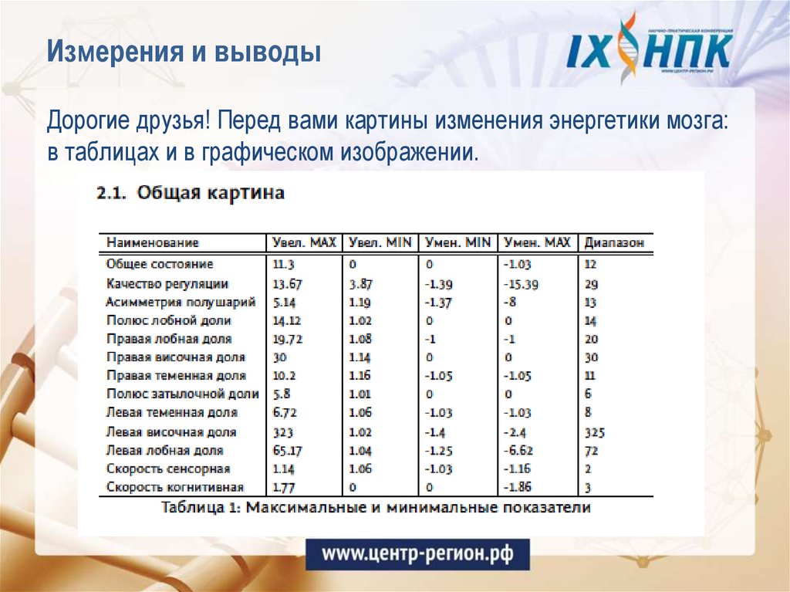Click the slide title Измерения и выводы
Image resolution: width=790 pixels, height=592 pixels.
184,53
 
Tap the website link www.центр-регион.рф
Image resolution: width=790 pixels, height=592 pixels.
417,553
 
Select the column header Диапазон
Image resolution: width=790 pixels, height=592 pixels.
614,242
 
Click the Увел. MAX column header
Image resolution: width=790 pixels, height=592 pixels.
305,242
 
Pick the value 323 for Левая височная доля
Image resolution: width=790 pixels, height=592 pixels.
283,432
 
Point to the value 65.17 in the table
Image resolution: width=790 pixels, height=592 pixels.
288,451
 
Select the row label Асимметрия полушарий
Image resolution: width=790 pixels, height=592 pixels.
181,302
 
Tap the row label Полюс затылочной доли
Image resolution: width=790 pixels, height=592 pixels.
182,394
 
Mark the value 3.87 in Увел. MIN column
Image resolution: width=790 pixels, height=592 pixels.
361,284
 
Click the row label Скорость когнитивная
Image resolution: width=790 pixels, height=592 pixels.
175,488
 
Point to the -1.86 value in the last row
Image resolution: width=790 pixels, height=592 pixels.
518,488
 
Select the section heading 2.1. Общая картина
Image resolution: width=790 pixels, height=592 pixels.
191,193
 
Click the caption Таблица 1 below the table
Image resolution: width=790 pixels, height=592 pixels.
376,508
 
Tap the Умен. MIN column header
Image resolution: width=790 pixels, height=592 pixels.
457,242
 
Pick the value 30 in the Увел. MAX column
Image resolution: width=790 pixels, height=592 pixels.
280,357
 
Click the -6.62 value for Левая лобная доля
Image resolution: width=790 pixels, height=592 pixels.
518,451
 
